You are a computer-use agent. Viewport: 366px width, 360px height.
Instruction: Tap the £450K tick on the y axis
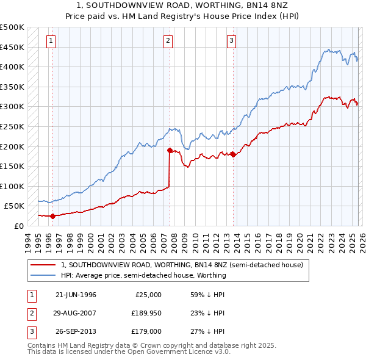click(12, 47)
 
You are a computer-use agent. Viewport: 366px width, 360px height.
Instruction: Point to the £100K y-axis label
click(12, 186)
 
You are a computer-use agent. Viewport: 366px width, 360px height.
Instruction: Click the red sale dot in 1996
click(53, 216)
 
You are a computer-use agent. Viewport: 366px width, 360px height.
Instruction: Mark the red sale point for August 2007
click(170, 149)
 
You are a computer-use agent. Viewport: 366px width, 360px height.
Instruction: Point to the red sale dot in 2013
click(233, 154)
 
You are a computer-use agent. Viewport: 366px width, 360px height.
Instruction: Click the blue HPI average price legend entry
click(143, 275)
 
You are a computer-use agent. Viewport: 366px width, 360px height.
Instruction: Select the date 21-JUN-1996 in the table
click(76, 295)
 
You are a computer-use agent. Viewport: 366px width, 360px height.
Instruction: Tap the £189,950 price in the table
click(145, 313)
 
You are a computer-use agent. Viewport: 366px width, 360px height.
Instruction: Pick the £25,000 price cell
click(148, 295)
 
